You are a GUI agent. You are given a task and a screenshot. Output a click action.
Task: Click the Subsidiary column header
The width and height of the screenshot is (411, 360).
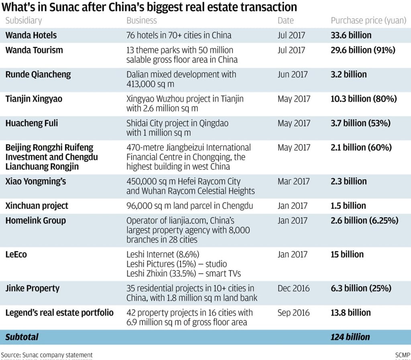(23, 20)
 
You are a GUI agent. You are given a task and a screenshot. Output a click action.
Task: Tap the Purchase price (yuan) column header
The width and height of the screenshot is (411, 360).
(368, 20)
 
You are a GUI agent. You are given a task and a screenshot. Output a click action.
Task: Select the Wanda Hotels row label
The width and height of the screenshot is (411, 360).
(31, 35)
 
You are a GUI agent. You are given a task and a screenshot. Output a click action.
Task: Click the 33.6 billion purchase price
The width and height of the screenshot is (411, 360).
(351, 35)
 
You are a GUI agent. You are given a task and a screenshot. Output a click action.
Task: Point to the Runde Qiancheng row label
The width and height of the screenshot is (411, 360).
(38, 74)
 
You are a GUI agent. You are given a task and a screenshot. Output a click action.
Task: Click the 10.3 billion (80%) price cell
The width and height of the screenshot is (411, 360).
(364, 99)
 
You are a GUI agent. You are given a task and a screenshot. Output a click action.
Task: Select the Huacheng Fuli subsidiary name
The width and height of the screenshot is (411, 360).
(31, 123)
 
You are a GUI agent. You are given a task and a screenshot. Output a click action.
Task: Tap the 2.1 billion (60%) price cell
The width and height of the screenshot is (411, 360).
(361, 147)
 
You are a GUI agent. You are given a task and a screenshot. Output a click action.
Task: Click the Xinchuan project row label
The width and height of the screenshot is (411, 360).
(37, 206)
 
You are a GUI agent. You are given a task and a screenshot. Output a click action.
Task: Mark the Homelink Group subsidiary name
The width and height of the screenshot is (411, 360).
(35, 220)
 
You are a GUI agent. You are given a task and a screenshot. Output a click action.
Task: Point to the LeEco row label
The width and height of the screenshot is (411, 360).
(16, 254)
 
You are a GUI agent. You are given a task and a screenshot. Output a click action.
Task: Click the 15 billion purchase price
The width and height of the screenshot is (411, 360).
(347, 254)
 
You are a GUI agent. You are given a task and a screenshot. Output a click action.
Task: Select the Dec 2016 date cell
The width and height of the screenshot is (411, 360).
(293, 288)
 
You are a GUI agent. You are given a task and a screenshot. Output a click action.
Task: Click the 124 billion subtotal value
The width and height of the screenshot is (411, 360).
(350, 337)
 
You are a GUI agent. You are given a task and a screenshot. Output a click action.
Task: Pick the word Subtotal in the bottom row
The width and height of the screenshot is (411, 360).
(22, 337)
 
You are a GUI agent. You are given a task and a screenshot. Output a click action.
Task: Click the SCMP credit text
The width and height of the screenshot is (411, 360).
(403, 355)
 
